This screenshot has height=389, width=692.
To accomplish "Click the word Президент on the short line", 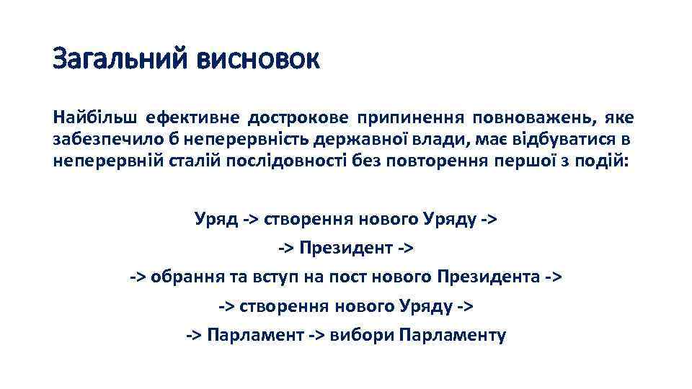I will (345, 249).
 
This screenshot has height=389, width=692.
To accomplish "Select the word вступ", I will (266, 277).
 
